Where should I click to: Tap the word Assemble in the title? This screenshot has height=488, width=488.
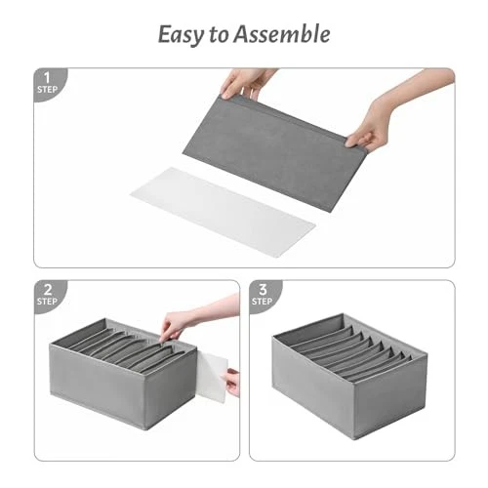(x=282, y=34)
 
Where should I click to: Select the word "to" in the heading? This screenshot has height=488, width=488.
(x=218, y=35)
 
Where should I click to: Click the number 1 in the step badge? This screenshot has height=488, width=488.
(x=47, y=78)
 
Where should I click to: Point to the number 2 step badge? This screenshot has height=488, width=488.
(x=50, y=295)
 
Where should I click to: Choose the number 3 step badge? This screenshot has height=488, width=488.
(x=264, y=295)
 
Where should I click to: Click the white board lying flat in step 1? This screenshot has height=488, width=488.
(x=223, y=213)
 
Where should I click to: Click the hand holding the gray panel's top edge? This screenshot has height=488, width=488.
(x=246, y=84)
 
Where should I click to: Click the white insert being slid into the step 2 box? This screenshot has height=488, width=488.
(x=212, y=378)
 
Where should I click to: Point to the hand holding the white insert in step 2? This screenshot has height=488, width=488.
(x=232, y=382)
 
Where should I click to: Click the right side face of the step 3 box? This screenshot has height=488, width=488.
(x=389, y=398)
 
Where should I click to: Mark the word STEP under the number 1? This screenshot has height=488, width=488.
(x=47, y=89)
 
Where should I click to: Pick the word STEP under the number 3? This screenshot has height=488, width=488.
(x=262, y=302)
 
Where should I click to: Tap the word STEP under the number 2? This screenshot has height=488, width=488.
(x=47, y=302)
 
